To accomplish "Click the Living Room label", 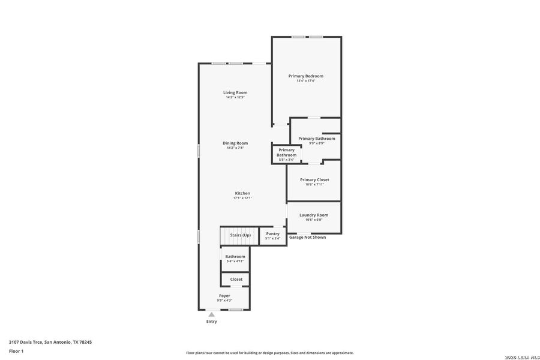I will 235,92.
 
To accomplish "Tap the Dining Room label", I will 235,143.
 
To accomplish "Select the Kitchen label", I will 242,193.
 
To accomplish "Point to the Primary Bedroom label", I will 305,76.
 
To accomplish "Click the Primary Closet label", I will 314,179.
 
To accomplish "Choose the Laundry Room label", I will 314,215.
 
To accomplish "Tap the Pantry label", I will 272,233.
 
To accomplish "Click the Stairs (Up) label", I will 241,235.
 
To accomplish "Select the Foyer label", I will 224,296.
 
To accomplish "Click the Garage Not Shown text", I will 307,238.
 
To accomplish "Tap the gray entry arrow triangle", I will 211,314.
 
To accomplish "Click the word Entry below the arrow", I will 211,322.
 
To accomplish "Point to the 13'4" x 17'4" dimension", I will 305,81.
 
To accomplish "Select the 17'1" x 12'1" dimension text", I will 242,198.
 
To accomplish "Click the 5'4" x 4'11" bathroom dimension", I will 235,261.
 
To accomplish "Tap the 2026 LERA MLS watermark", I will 521,357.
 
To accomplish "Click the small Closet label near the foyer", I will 236,279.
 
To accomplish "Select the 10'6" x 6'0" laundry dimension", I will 314,220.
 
